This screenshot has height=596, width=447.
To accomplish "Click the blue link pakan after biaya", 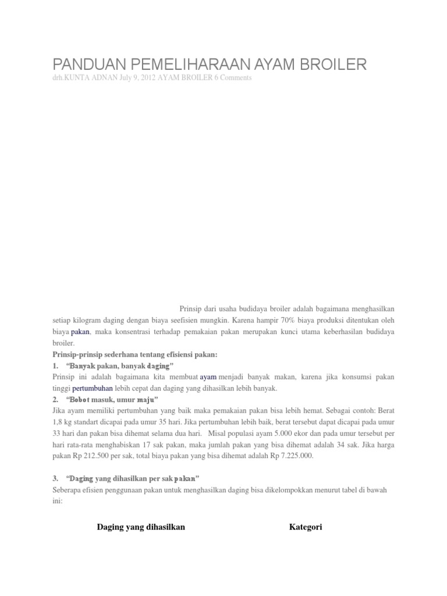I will click(80, 332).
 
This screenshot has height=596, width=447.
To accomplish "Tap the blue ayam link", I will click(208, 378).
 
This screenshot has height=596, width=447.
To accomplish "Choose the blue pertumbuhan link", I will click(92, 388).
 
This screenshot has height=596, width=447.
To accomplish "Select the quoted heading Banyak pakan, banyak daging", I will click(120, 366).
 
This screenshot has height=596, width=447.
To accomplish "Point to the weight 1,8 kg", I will click(62, 422).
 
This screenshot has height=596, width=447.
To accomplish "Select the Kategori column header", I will click(306, 527).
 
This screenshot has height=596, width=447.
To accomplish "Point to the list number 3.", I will click(54, 478).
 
